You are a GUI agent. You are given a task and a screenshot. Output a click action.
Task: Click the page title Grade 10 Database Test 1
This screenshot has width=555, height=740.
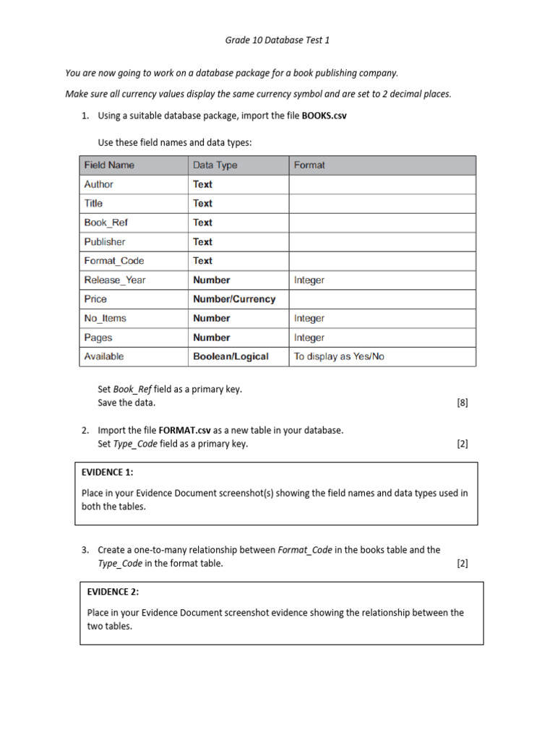click(277, 40)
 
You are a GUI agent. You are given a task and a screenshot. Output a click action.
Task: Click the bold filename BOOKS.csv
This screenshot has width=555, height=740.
click(324, 116)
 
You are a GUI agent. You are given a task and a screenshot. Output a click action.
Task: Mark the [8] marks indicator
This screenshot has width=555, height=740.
click(462, 403)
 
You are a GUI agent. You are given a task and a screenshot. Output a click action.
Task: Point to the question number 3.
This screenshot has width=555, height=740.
click(85, 550)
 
